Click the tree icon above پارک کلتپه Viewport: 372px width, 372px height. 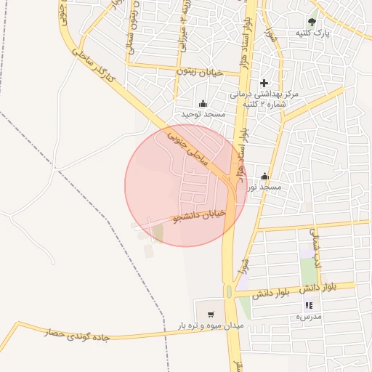point(312,22)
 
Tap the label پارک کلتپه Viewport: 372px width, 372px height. point(312,33)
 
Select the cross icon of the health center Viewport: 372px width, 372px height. point(264,83)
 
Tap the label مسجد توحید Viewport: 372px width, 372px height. point(203,115)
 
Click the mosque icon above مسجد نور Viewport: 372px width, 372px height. point(264,176)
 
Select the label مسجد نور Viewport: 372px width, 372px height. point(263,187)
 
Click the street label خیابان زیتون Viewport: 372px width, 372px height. point(201,72)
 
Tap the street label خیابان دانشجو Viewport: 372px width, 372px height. point(199,216)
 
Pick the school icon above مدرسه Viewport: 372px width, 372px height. point(309,306)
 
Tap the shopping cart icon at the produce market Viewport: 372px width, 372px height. point(211,315)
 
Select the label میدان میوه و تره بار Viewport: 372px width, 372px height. point(211,327)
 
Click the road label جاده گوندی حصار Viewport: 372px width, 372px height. point(76,334)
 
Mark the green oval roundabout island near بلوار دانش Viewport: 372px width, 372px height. point(230,292)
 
